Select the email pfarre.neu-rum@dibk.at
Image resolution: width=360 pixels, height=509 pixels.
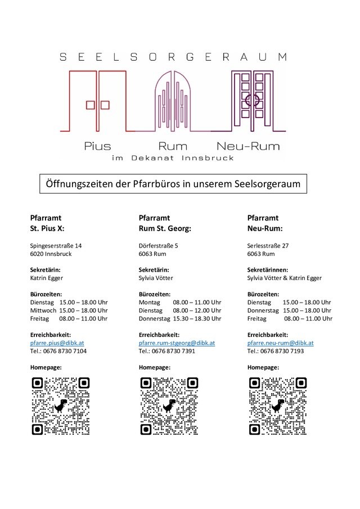[280, 343]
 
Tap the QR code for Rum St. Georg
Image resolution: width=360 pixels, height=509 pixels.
[169, 406]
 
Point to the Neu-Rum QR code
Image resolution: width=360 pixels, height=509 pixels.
[278, 406]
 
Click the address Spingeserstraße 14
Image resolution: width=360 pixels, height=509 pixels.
[56, 246]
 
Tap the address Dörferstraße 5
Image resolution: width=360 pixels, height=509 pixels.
[159, 246]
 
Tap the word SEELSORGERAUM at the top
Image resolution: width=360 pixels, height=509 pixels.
[173, 57]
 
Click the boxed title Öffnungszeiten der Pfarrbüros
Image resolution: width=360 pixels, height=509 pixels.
[173, 184]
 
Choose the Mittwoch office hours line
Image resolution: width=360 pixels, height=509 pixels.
[69, 310]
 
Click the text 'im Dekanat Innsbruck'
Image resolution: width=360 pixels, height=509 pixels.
[173, 158]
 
